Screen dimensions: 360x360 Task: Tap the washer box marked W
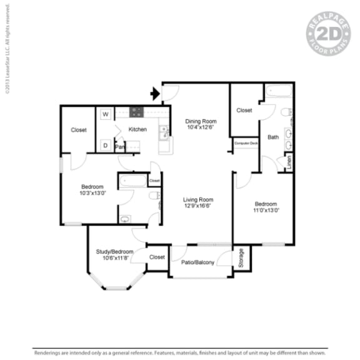106,114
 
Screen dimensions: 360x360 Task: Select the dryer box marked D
106,145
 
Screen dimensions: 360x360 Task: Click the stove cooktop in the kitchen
137,112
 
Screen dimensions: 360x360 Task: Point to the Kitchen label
137,129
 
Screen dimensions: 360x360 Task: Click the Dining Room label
201,121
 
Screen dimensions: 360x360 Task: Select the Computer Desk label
246,143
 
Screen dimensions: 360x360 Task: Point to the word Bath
273,137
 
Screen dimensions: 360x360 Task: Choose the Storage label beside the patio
242,257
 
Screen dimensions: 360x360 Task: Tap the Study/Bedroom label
114,252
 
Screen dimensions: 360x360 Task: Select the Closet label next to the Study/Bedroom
157,257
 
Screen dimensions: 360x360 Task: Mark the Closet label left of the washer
79,130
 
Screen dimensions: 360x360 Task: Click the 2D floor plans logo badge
327,32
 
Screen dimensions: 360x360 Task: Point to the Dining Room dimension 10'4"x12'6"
201,128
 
